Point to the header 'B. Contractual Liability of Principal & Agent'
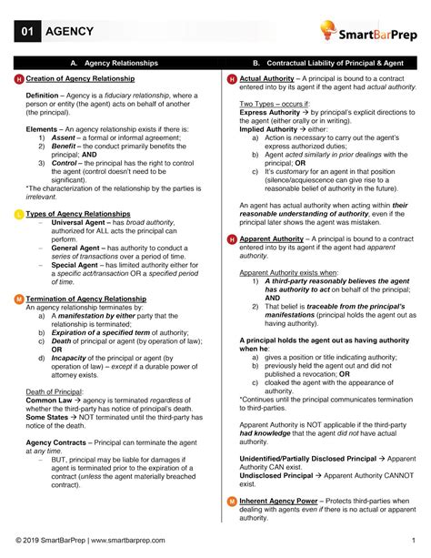[324, 63]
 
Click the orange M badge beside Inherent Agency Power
[232, 502]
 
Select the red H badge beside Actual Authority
[232, 80]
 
